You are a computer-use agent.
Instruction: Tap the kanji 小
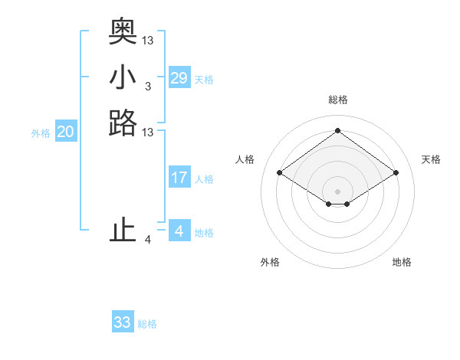click(x=123, y=77)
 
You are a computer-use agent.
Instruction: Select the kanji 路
click(x=123, y=123)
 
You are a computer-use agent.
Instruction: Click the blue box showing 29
click(x=179, y=78)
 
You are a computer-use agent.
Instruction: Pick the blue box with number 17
click(x=179, y=178)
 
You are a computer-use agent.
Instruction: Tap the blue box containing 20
click(x=66, y=132)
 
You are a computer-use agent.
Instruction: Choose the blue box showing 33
click(x=123, y=322)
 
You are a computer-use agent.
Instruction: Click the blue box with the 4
click(x=179, y=231)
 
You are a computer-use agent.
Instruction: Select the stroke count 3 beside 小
click(x=148, y=87)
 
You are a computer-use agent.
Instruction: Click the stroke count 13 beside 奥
click(x=148, y=40)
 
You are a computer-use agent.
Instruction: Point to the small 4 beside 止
click(x=148, y=240)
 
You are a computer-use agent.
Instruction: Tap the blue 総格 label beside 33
click(x=148, y=324)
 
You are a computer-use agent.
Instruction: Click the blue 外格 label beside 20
click(x=41, y=133)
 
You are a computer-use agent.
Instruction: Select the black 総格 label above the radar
click(x=337, y=100)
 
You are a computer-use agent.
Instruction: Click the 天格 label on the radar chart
click(x=431, y=159)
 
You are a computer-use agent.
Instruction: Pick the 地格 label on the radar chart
click(x=402, y=262)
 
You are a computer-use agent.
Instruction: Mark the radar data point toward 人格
click(x=280, y=173)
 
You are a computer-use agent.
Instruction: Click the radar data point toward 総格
click(x=337, y=130)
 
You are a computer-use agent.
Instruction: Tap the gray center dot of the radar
click(x=337, y=191)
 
